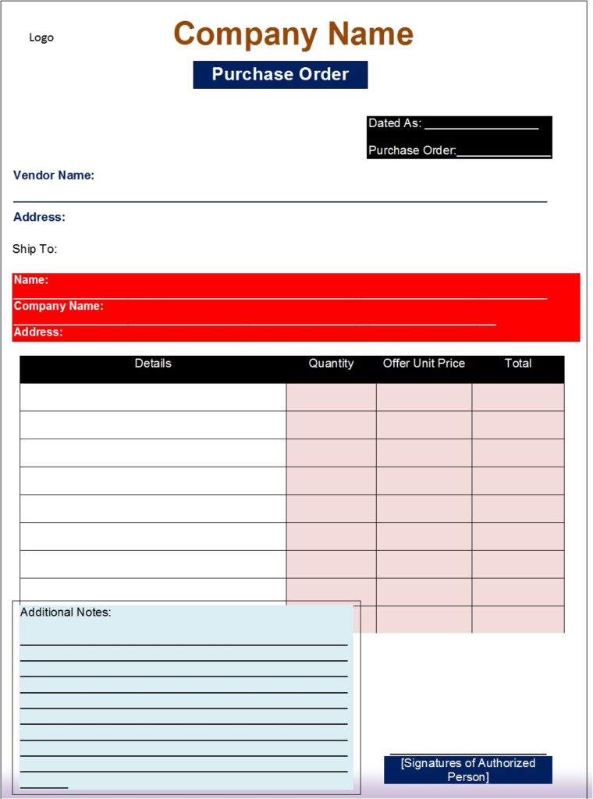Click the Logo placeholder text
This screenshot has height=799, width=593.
point(41,37)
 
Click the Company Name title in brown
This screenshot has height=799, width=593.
point(293,34)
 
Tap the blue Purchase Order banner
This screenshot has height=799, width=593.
point(280,75)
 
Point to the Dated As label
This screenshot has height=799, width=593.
point(394,123)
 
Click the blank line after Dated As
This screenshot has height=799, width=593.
point(481,125)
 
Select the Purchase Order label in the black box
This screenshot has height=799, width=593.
point(411,150)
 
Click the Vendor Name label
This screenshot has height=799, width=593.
point(54,176)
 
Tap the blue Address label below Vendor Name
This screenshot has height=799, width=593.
point(39,217)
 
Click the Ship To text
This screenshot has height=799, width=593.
point(35,249)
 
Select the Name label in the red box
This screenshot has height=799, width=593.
point(31,280)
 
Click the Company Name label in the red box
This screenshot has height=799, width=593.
point(59,306)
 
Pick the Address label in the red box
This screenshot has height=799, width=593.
point(38,332)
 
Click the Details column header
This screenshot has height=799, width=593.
point(153,364)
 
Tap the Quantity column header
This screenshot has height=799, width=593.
point(331,364)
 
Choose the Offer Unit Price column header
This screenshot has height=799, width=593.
point(424,364)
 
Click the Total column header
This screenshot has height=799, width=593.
point(518,364)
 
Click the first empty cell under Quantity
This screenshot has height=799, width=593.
point(331,397)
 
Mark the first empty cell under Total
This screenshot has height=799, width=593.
point(518,397)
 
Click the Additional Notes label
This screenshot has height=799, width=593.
point(66,613)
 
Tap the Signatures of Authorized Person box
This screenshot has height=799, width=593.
point(468,769)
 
